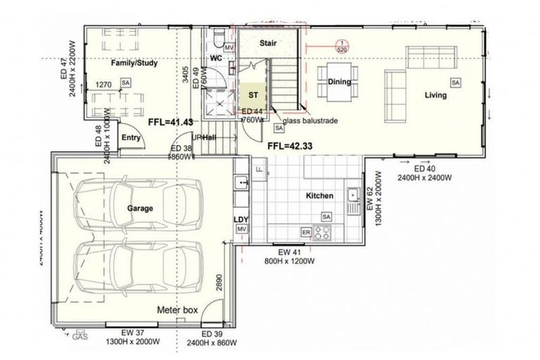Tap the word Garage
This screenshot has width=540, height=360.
[x=140, y=209]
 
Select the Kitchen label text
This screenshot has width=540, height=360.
[x=319, y=195]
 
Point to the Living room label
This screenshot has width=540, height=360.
[x=437, y=95]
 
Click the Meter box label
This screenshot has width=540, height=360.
[x=177, y=309]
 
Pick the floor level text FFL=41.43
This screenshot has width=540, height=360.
[x=171, y=122]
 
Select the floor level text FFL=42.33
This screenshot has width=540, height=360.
[x=290, y=146]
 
